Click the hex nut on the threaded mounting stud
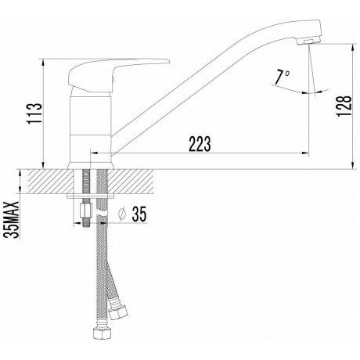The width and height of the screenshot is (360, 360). tap(85, 211)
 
